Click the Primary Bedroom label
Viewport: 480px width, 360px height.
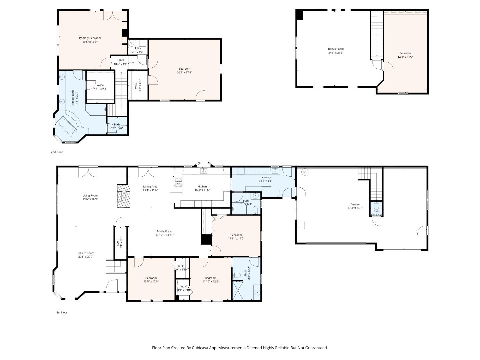pos(90,38)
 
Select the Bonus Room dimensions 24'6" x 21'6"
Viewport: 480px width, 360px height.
pos(336,53)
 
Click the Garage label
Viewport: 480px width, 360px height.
pos(355,204)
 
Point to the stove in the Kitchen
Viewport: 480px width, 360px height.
pos(179,182)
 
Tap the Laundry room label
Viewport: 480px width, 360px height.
pos(265,177)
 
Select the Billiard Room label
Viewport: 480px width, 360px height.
pos(86,253)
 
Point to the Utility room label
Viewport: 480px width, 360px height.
pos(137,48)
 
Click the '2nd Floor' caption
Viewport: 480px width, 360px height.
pos(57,152)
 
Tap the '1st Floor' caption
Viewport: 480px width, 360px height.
pos(62,313)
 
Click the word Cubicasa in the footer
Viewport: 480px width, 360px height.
pos(201,348)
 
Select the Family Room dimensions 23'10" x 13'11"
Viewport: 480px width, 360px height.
pos(164,235)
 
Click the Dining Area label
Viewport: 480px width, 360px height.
pos(150,187)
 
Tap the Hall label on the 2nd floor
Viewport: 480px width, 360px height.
pos(121,60)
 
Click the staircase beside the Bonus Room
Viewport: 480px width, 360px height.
pos(377,35)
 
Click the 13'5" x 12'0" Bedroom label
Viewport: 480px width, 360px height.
pos(151,278)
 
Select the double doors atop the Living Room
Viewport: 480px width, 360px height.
pos(88,172)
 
